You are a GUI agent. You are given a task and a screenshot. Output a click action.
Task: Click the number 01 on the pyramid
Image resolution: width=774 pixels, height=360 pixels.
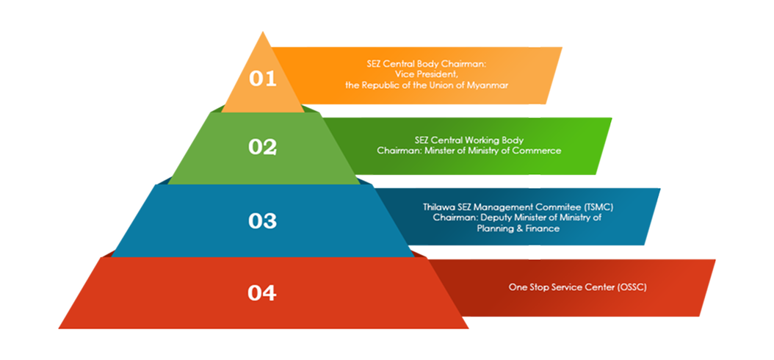point(262,78)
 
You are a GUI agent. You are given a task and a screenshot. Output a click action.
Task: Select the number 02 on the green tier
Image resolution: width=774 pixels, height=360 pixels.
point(262,147)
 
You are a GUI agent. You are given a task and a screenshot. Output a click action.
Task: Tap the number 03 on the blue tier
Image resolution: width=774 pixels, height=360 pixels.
point(262,220)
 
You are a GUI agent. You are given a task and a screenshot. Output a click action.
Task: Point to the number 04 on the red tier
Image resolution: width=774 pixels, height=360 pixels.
point(262,293)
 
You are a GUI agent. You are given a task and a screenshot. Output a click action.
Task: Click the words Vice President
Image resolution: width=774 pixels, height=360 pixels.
point(427,74)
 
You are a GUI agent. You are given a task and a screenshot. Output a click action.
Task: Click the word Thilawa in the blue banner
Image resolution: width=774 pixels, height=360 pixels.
point(438,208)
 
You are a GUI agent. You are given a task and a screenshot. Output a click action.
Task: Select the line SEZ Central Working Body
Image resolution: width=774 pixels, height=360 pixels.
point(469,140)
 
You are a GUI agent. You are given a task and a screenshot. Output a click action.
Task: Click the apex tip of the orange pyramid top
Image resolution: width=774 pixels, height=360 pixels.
point(262,32)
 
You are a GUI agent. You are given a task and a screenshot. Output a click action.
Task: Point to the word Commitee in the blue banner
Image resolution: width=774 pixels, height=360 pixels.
point(553,208)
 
